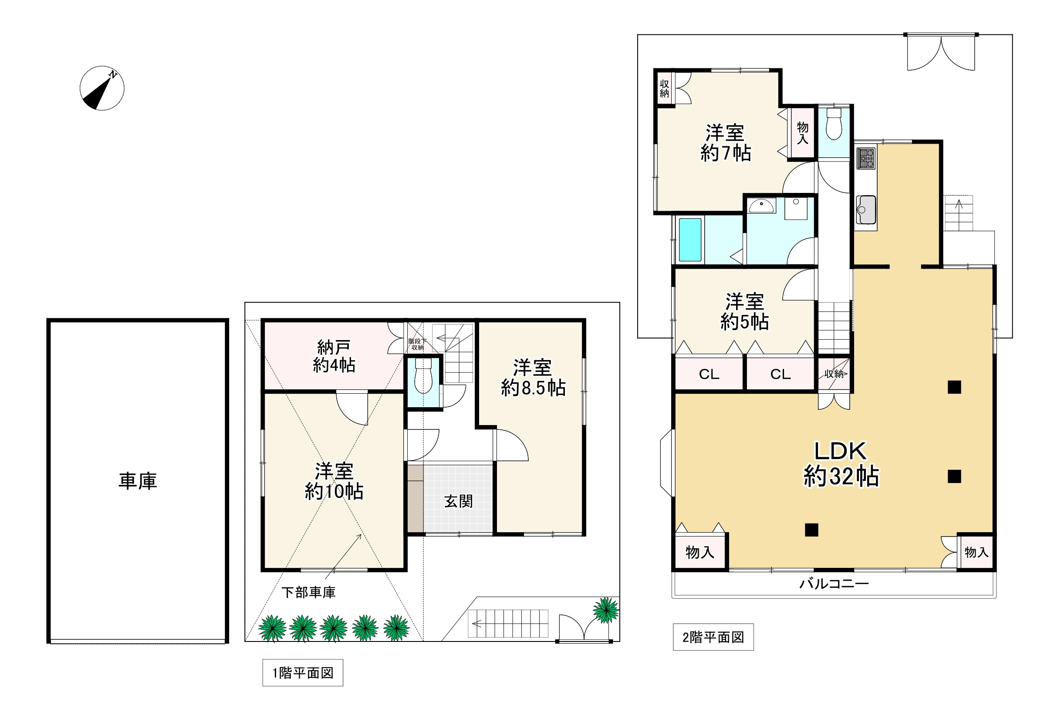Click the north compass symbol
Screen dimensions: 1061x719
pos(102,88)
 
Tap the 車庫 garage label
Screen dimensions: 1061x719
pos(138,481)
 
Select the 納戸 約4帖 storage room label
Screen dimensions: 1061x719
pos(334,357)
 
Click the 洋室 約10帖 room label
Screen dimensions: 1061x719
pos(334,481)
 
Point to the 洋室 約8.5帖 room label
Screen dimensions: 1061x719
pos(533,378)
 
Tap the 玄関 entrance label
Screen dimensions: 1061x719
pos(458,501)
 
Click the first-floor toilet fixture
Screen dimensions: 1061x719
pos(423,376)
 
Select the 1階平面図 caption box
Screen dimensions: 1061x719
pos(303,672)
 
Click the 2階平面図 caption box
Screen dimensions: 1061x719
pos(713,637)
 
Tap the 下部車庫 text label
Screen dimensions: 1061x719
pos(309,593)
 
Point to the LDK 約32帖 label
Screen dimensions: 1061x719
pos(841,464)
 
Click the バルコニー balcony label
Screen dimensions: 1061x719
pos(834,584)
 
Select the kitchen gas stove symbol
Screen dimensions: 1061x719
pos(865,158)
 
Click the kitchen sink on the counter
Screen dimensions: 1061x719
pos(865,209)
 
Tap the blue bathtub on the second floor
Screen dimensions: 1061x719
pos(690,240)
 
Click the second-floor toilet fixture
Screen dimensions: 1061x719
pos(834,124)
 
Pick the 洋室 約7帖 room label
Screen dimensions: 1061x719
pos(726,143)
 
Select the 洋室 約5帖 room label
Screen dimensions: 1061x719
pos(745,312)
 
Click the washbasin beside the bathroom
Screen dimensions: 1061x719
pos(761,206)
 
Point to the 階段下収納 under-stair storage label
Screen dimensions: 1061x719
pos(417,344)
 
